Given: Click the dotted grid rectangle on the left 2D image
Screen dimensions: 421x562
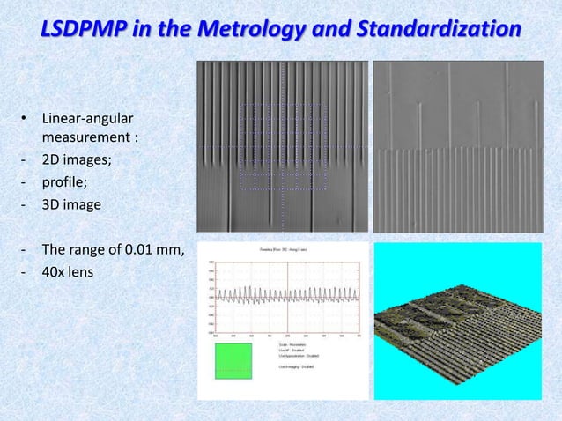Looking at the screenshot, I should (282, 145).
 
